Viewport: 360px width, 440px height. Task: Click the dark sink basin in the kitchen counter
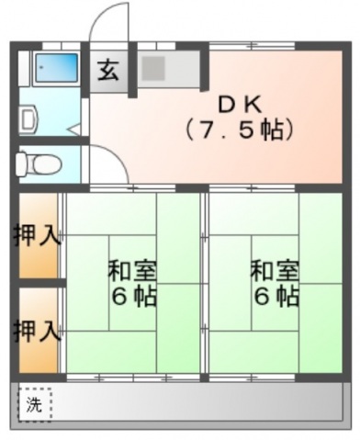pos(152,67)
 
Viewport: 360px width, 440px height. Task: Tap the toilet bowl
pos(39,164)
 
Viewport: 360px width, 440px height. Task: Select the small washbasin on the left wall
pos(27,117)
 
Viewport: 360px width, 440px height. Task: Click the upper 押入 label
pos(37,234)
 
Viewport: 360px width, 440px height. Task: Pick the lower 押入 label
pos(37,329)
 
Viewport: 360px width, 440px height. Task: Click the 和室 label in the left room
pos(132,271)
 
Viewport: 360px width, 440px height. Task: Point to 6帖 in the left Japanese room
pos(132,297)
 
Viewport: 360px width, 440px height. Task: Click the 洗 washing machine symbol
pos(35,403)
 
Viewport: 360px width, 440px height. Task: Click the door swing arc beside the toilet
pos(105,166)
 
